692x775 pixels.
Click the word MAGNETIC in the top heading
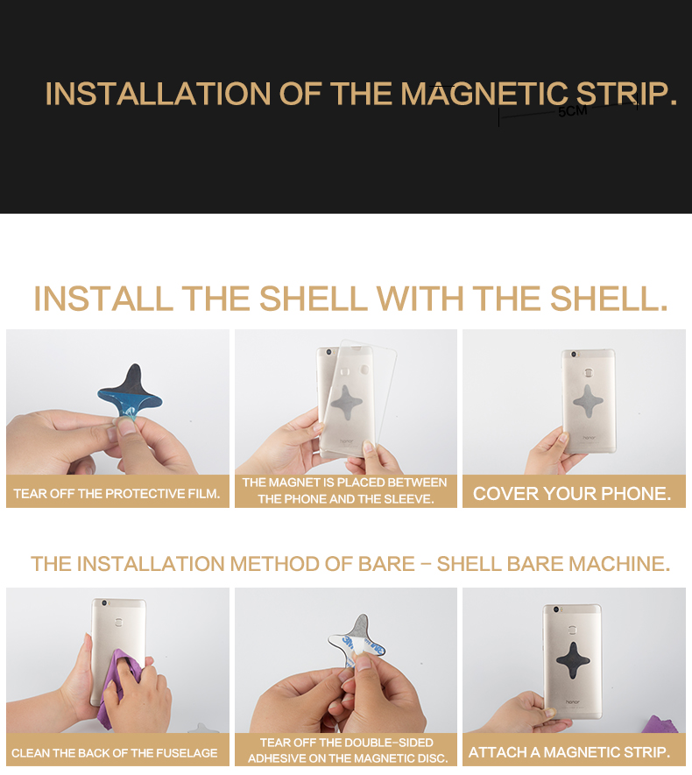[484, 94]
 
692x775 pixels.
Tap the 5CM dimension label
[572, 112]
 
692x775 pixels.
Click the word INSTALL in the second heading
[103, 299]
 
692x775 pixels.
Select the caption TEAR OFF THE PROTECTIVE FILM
[117, 494]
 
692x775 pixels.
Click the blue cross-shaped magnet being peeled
[130, 390]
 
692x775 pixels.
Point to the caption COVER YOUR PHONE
[572, 494]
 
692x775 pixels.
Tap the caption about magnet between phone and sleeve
[345, 490]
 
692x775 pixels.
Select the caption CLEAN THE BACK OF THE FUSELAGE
[115, 753]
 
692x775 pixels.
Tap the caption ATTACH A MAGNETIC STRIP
[569, 752]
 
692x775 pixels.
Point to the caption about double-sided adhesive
[347, 750]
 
